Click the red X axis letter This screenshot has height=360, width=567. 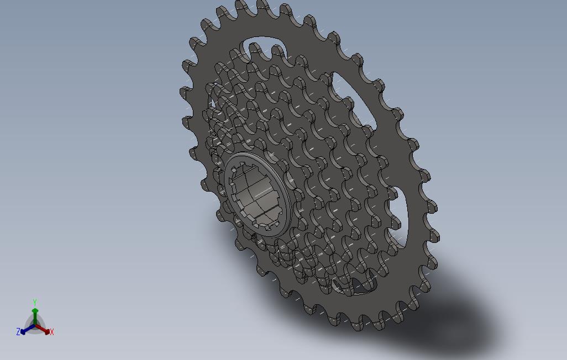pyautogui.click(x=52, y=332)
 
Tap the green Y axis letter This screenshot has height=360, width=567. pyautogui.click(x=34, y=303)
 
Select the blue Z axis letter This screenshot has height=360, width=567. pyautogui.click(x=18, y=332)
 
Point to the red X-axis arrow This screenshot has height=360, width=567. pyautogui.click(x=45, y=330)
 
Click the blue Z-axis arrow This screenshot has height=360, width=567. pyautogui.click(x=25, y=331)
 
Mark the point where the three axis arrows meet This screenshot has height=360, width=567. pyautogui.click(x=35, y=326)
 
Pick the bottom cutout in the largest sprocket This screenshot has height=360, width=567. pyautogui.click(x=354, y=287)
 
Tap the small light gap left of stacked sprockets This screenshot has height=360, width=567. pyautogui.click(x=210, y=105)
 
